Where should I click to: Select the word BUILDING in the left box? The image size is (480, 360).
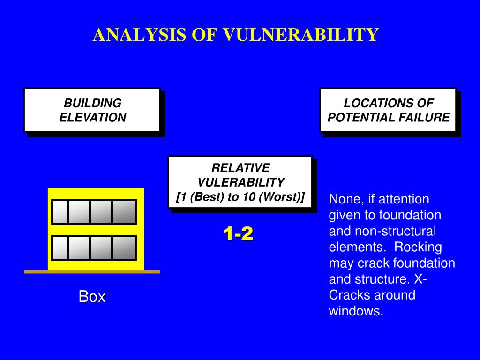click(x=92, y=103)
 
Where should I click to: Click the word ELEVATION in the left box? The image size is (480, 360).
click(x=92, y=117)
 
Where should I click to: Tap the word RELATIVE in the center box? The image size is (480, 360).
click(x=240, y=168)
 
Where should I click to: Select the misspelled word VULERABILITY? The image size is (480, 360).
click(x=240, y=182)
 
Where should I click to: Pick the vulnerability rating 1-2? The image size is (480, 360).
click(x=238, y=233)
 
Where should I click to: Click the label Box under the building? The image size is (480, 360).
click(x=92, y=296)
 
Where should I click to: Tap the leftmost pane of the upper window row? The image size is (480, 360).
click(x=60, y=212)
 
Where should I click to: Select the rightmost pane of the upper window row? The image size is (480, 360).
click(x=124, y=212)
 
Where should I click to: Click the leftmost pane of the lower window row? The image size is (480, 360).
click(x=60, y=248)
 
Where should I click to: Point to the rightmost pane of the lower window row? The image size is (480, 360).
click(x=124, y=248)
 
